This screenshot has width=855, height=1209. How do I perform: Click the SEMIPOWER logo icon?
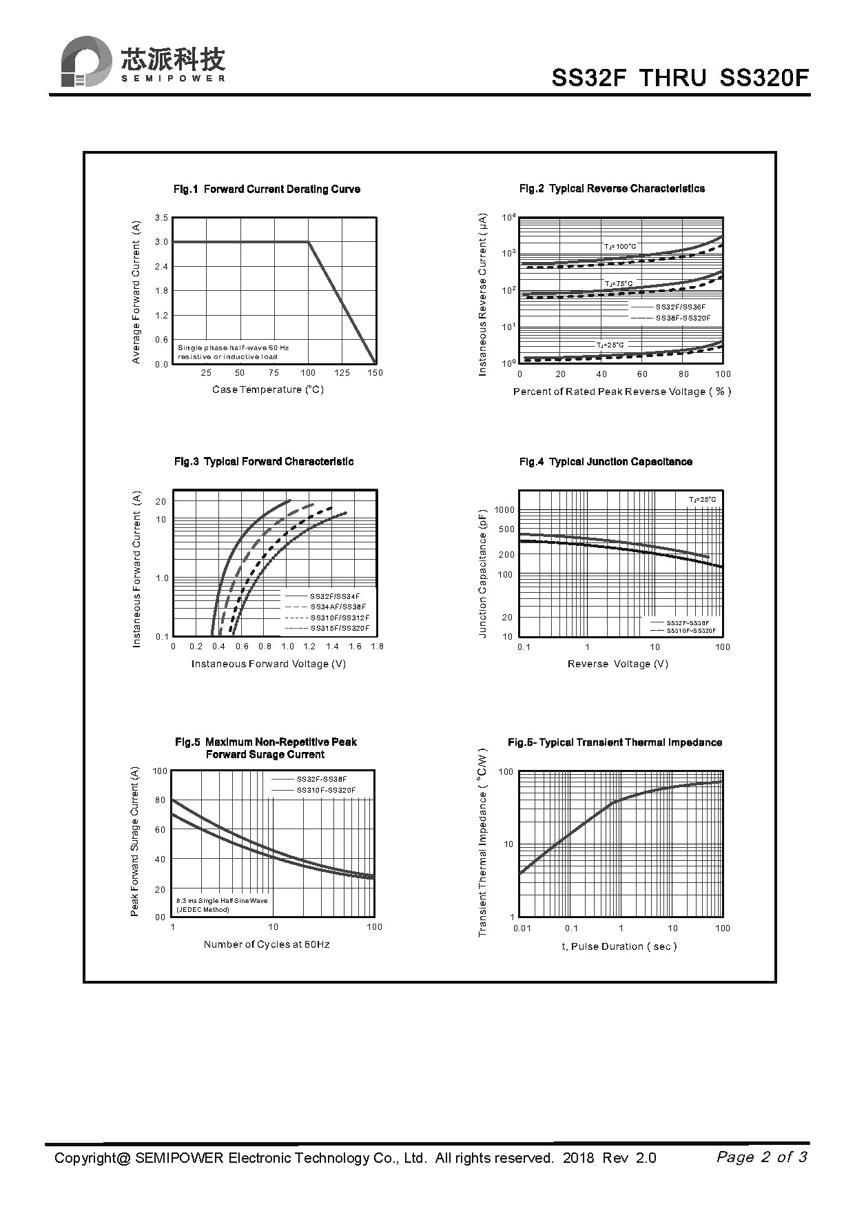point(86,62)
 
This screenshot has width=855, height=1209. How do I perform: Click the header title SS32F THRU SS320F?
point(680,78)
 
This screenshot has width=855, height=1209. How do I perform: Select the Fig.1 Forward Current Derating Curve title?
point(267,190)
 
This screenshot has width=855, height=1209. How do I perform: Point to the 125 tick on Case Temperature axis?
point(342,373)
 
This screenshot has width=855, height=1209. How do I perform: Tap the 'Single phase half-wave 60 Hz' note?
point(234,348)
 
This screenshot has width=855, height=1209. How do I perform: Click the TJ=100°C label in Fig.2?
point(620,246)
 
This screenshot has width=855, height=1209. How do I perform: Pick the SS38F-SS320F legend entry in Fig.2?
point(682,318)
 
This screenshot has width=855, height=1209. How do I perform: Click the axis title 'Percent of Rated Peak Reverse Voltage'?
point(621,392)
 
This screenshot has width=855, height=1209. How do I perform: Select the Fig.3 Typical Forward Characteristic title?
point(264,462)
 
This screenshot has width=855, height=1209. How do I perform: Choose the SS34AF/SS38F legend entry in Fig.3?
point(338,607)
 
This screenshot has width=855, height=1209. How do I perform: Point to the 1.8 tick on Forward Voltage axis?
point(377,647)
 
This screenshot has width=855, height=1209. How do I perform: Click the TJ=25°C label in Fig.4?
point(702,500)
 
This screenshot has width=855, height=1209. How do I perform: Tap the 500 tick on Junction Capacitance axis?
point(506,529)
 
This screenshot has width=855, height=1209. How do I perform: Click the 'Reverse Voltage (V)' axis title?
point(618,664)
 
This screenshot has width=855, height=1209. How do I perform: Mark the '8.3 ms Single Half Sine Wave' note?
point(222,901)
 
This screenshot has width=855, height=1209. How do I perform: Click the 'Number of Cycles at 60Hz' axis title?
point(267,944)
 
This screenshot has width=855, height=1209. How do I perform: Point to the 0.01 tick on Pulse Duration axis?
point(522,928)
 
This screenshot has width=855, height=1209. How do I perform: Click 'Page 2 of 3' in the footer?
point(761,1157)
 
